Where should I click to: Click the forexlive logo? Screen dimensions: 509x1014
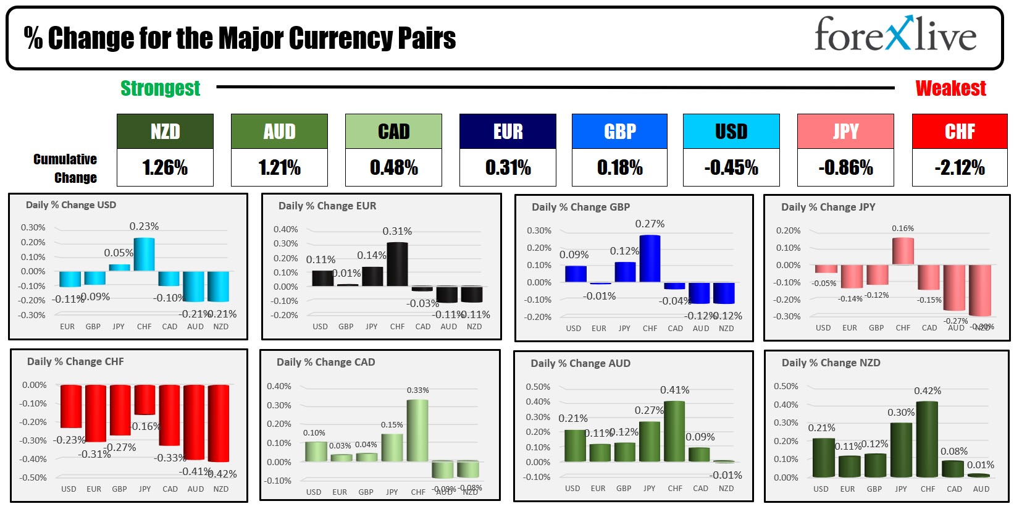click(895, 35)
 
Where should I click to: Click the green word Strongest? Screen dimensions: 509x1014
click(160, 88)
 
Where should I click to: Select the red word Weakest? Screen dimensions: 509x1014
click(950, 88)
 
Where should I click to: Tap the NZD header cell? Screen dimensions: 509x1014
click(165, 132)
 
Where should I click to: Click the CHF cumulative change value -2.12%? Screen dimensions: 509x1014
click(959, 167)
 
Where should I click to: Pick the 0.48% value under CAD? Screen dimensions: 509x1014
click(393, 167)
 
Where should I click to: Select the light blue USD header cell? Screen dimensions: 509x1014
click(731, 132)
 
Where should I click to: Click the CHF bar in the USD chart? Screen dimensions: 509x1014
click(144, 254)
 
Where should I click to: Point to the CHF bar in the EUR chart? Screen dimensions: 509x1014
click(397, 264)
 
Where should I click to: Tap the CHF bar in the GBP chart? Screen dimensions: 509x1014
click(650, 259)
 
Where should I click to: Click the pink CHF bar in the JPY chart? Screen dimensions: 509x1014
click(903, 251)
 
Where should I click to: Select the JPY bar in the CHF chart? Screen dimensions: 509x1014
click(145, 400)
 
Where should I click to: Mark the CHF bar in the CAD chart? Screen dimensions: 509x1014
click(417, 431)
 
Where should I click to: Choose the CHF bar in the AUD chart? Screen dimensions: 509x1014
click(674, 431)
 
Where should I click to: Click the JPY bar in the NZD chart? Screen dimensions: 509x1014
click(901, 450)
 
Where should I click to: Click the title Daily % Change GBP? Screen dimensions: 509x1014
click(580, 207)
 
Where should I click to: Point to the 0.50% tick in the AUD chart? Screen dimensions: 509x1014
click(537, 387)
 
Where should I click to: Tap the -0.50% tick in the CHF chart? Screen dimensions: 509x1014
click(34, 477)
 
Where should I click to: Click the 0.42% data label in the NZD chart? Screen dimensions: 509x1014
click(928, 391)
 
